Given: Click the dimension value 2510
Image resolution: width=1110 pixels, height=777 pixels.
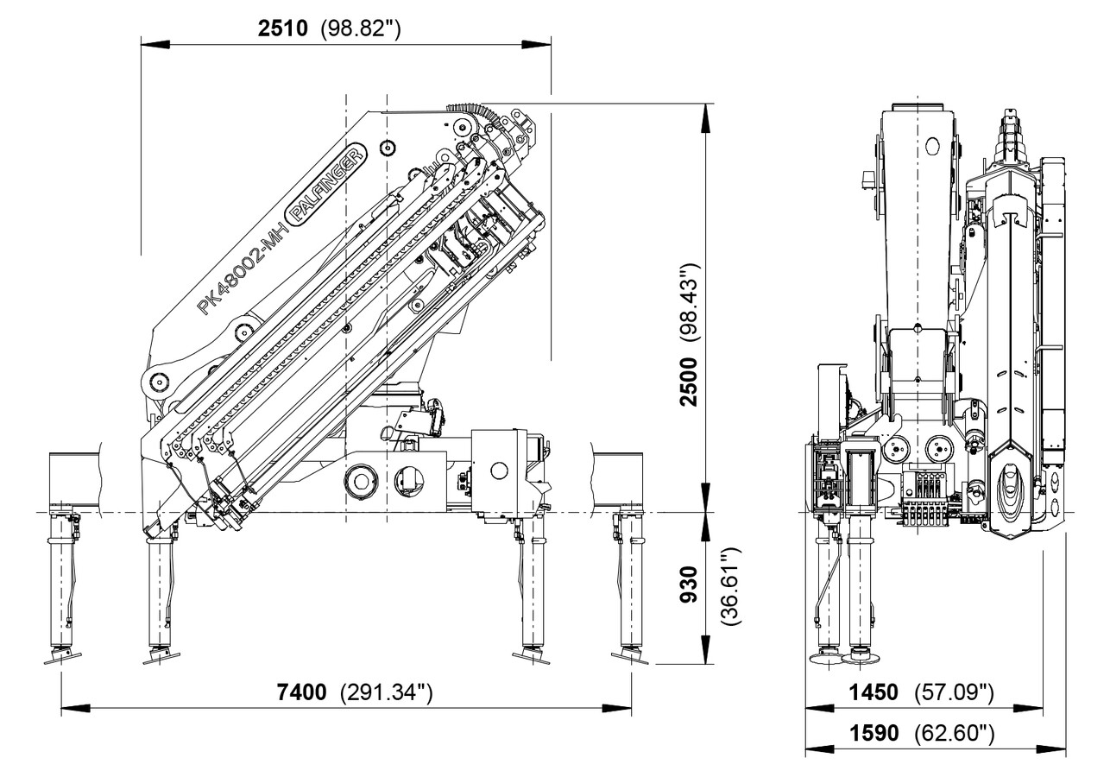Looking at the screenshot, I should [282, 28].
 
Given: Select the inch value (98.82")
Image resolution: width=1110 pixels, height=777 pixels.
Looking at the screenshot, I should [360, 28].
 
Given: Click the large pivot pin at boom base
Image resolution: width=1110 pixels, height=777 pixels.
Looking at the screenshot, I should [157, 379].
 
